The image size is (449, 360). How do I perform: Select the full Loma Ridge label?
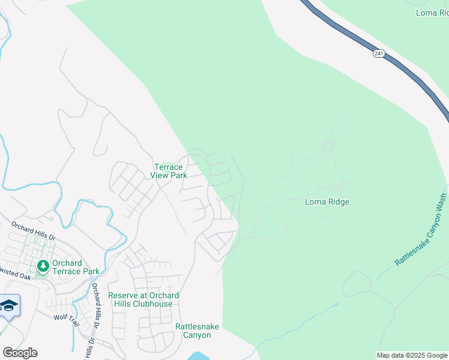tap(327, 202)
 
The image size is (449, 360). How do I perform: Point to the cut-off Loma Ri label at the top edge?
tap(432, 12)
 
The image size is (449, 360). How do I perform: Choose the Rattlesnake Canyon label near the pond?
tap(197, 331)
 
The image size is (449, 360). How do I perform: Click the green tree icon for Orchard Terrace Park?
tap(43, 265)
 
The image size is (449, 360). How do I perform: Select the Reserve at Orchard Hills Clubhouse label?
tap(143, 299)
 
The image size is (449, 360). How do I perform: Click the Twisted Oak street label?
tap(15, 277)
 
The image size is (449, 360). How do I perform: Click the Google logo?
tap(20, 353)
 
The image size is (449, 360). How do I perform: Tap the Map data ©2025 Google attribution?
tap(411, 355)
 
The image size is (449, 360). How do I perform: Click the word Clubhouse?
tap(153, 304)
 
